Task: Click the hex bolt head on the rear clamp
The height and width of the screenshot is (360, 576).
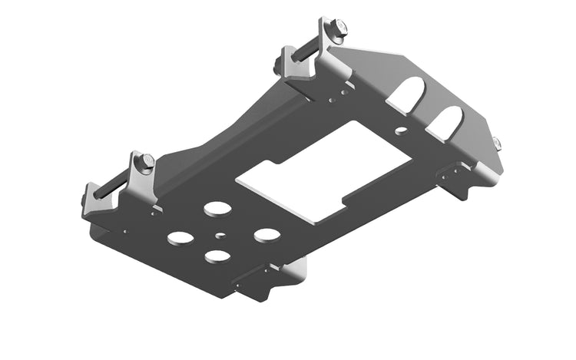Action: [336, 29]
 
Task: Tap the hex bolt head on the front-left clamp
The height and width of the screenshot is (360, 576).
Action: [146, 162]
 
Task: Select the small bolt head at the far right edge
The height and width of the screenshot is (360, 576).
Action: [496, 143]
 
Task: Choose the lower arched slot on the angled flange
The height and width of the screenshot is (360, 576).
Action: [446, 121]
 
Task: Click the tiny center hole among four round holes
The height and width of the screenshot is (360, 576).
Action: [220, 236]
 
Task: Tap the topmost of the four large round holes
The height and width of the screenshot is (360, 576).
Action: [217, 209]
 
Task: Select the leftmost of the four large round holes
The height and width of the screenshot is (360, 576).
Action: [180, 238]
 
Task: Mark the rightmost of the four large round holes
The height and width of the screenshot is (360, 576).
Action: [266, 234]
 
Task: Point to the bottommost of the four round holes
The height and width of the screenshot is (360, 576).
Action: [217, 256]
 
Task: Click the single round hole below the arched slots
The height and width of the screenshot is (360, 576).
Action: [401, 131]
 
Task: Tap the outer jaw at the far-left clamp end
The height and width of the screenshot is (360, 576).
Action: [92, 201]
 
